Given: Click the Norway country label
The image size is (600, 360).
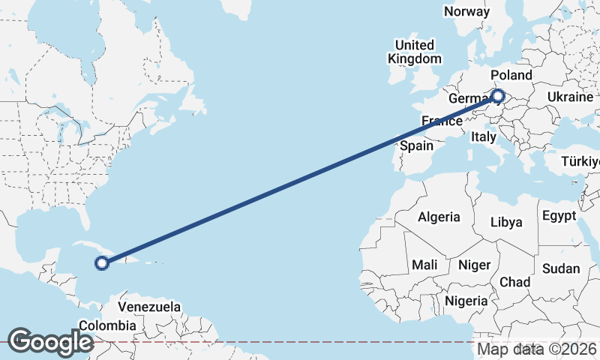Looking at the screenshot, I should pyautogui.click(x=466, y=11).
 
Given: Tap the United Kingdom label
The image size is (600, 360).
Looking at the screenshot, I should pyautogui.click(x=415, y=52).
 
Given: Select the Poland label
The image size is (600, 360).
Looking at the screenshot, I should pyautogui.click(x=511, y=76).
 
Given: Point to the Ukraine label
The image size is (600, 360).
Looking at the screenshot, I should pyautogui.click(x=570, y=97).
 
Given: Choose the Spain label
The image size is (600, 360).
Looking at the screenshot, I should pyautogui.click(x=416, y=145).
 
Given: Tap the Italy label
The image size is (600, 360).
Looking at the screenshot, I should pyautogui.click(x=484, y=137).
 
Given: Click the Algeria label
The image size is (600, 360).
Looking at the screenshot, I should pyautogui.click(x=439, y=217).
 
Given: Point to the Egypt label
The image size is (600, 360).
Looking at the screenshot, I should pyautogui.click(x=559, y=216).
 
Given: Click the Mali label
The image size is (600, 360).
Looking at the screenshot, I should pyautogui.click(x=424, y=265).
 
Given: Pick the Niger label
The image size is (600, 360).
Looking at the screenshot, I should pyautogui.click(x=474, y=265).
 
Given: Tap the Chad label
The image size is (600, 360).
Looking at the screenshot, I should pyautogui.click(x=515, y=282).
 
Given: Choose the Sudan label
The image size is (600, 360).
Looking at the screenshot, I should pyautogui.click(x=562, y=268).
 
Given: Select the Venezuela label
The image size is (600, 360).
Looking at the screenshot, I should pyautogui.click(x=150, y=307).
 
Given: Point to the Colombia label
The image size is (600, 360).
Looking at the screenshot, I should pyautogui.click(x=107, y=325).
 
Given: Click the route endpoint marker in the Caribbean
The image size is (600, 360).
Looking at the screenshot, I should pyautogui.click(x=102, y=262).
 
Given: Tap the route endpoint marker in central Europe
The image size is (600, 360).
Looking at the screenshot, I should pyautogui.click(x=498, y=95).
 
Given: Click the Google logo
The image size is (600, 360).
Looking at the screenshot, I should pyautogui.click(x=49, y=342).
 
